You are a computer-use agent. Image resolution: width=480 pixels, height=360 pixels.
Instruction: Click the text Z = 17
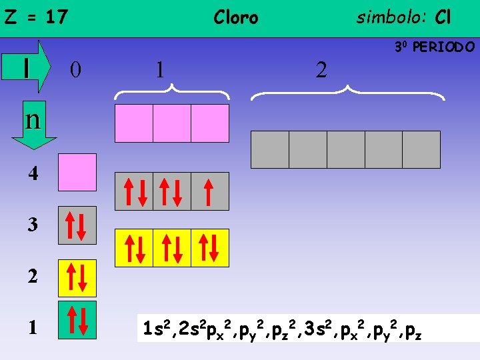36,17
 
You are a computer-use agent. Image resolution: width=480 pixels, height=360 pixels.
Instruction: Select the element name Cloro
235,17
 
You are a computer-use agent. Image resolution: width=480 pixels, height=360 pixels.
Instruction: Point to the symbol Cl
443,17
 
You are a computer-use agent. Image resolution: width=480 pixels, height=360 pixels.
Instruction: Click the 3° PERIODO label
434,47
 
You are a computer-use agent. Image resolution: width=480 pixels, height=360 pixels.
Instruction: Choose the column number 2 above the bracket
321,69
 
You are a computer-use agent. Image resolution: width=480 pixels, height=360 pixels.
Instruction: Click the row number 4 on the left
33,174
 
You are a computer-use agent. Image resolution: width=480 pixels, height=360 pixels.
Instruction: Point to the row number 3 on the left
33,225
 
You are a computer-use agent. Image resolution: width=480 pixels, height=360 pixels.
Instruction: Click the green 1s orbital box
77,320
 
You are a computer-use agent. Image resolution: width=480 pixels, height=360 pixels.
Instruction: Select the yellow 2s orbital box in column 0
77,278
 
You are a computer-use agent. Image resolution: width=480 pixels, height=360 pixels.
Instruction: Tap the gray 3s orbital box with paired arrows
77,225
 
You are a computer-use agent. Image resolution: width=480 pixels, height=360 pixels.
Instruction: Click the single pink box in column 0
77,173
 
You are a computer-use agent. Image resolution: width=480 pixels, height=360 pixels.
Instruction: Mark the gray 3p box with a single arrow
209,191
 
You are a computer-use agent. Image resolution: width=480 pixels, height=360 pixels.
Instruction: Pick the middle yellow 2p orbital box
172,248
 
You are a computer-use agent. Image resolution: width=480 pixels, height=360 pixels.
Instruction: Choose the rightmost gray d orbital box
421,149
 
